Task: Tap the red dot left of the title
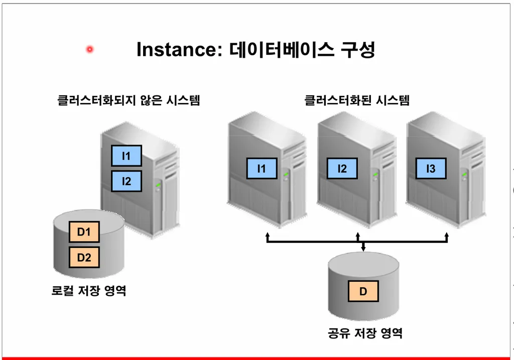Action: (x=90, y=49)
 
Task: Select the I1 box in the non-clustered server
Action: (x=126, y=156)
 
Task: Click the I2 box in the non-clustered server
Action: (x=126, y=181)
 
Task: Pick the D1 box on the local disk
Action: (x=84, y=232)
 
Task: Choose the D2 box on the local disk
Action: (x=84, y=258)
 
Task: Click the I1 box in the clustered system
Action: (x=262, y=169)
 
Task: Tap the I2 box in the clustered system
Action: (x=342, y=169)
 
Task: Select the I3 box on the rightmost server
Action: (x=431, y=169)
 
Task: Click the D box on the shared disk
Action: (x=363, y=291)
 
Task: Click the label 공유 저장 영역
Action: (x=365, y=333)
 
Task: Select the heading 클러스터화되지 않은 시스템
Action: (x=129, y=100)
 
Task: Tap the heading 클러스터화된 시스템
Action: (x=357, y=100)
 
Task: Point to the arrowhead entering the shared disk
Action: (x=363, y=247)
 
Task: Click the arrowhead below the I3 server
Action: (x=447, y=234)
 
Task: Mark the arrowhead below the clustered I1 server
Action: (x=268, y=234)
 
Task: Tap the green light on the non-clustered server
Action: (x=158, y=185)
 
